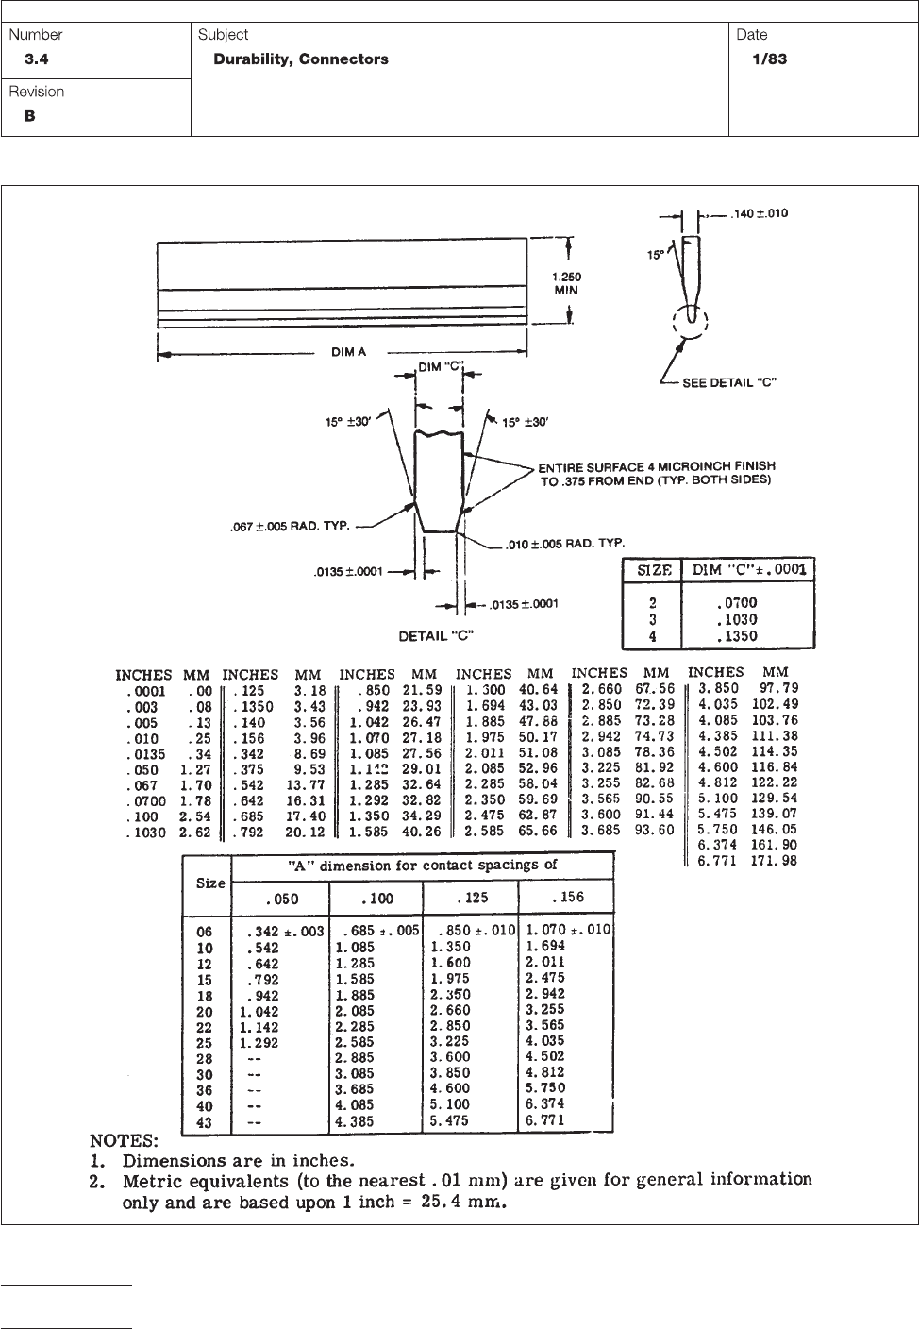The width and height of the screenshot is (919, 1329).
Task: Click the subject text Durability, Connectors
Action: [x=301, y=59]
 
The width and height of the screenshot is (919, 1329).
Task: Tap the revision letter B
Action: [x=29, y=117]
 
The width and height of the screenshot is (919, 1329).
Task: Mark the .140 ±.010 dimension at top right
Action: [x=761, y=213]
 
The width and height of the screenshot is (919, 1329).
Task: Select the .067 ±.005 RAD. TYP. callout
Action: [x=292, y=527]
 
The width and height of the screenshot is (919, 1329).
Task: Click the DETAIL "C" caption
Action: [x=435, y=635]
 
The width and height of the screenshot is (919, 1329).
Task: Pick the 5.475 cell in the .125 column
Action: [x=450, y=1121]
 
